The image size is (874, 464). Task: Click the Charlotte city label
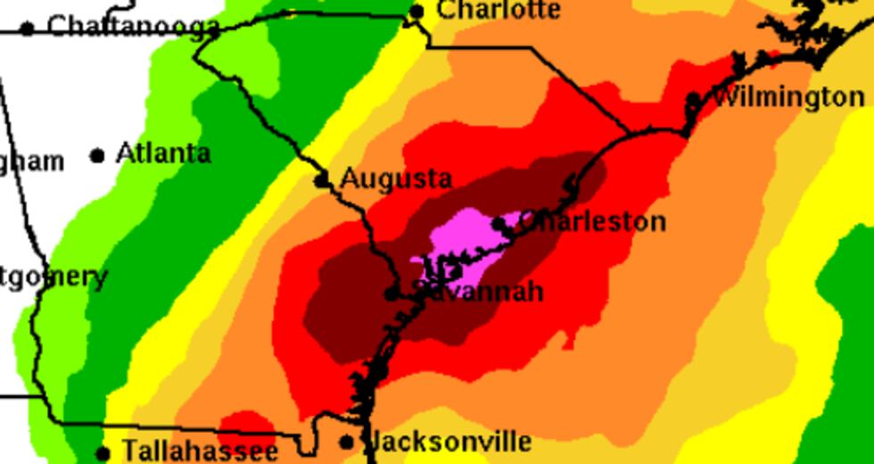click(x=499, y=10)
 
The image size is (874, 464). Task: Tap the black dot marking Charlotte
click(x=416, y=12)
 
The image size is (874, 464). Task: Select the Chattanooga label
click(x=133, y=26)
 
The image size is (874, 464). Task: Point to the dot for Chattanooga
click(x=28, y=29)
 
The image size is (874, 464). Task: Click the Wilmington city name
click(x=789, y=97)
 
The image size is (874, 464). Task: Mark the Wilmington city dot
click(x=694, y=99)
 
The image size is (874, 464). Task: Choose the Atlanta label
click(x=163, y=153)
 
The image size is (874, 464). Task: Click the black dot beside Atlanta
click(x=97, y=156)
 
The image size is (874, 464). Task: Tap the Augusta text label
click(x=396, y=178)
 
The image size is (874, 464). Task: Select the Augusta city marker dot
click(x=323, y=181)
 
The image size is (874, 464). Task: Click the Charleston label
click(x=591, y=220)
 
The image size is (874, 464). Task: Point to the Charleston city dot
click(x=499, y=223)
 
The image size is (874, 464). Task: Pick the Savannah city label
click(x=478, y=291)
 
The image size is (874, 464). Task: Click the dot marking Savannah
click(x=391, y=294)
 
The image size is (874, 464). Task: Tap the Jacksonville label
click(x=449, y=441)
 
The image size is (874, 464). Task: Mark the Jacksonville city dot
click(x=347, y=443)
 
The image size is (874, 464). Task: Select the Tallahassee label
click(x=200, y=451)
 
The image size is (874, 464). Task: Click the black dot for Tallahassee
click(x=103, y=453)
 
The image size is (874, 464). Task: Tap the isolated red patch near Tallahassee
click(x=246, y=426)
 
